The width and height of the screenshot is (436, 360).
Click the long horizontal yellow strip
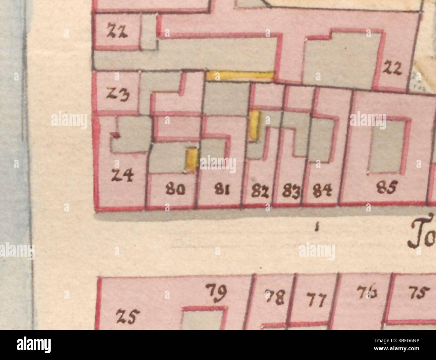click(x=240, y=75)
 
